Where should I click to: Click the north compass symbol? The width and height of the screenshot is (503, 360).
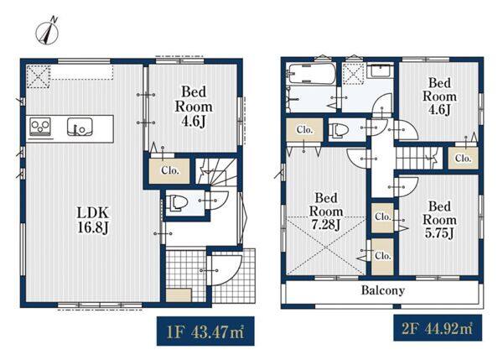[47, 32]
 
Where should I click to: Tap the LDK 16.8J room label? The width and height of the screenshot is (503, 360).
[93, 220]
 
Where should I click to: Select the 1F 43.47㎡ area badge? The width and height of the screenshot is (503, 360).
[205, 331]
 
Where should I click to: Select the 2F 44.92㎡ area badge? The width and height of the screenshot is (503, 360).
[438, 328]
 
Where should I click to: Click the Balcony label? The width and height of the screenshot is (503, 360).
[383, 290]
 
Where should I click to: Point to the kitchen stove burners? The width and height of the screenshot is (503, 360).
[40, 127]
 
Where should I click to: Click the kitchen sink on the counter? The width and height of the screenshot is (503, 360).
[80, 127]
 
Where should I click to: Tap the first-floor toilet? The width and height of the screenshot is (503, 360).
[176, 202]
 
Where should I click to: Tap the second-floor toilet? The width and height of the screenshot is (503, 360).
[338, 130]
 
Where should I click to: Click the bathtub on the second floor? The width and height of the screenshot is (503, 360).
[312, 74]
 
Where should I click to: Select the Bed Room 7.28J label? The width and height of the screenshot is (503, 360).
[325, 211]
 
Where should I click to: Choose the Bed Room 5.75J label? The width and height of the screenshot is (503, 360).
[439, 220]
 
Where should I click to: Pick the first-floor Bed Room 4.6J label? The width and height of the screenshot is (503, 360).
[194, 107]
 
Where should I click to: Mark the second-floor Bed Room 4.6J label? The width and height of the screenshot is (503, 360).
[439, 97]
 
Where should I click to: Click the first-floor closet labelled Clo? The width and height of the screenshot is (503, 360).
[169, 171]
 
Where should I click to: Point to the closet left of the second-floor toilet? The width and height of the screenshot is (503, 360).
[305, 130]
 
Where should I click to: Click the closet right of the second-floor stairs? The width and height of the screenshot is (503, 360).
[463, 158]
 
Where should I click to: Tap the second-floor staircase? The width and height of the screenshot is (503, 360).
[418, 158]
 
